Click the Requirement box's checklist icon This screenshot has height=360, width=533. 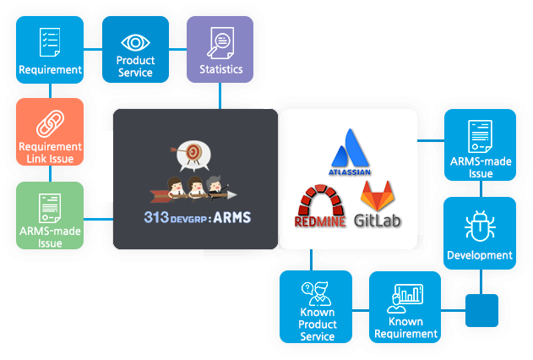pos(50,40)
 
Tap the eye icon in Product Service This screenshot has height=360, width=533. pos(135,41)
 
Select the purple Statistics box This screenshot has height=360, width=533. pos(220,49)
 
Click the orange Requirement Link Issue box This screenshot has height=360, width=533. pos(50,131)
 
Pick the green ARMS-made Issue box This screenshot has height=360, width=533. pos(50,215)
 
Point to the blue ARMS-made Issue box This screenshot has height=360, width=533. pos(480,145)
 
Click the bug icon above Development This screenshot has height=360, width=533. pos(480,226)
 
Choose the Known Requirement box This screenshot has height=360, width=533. pos(405,307)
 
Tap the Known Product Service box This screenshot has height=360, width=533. pos(316,307)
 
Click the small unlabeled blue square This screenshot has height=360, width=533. pos(481,310)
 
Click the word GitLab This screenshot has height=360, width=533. pos(377,221)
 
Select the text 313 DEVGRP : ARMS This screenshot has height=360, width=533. pos(196,216)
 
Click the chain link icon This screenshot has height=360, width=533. pos(50,125)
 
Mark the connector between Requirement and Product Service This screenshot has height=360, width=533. pos(93,48)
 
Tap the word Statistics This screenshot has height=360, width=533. pos(220,69)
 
